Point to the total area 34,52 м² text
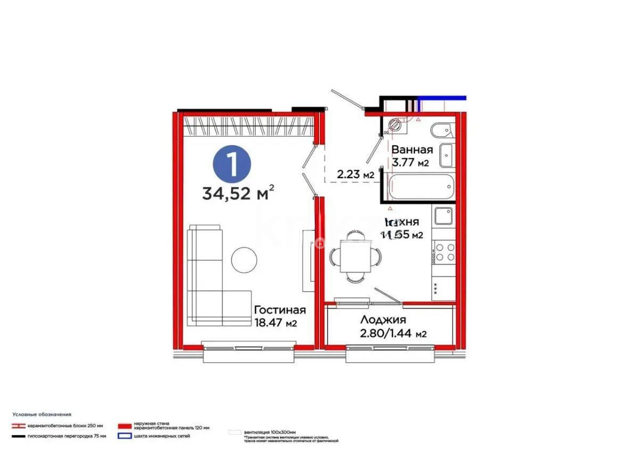(239, 192)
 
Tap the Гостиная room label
(280, 310)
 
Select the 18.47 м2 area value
(275, 323)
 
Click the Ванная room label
(412, 150)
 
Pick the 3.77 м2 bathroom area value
(411, 163)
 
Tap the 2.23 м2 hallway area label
(355, 174)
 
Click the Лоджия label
(383, 320)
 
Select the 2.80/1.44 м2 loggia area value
(394, 334)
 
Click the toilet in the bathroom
(441, 131)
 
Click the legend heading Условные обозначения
(43, 414)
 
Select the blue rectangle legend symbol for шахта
(125, 436)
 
